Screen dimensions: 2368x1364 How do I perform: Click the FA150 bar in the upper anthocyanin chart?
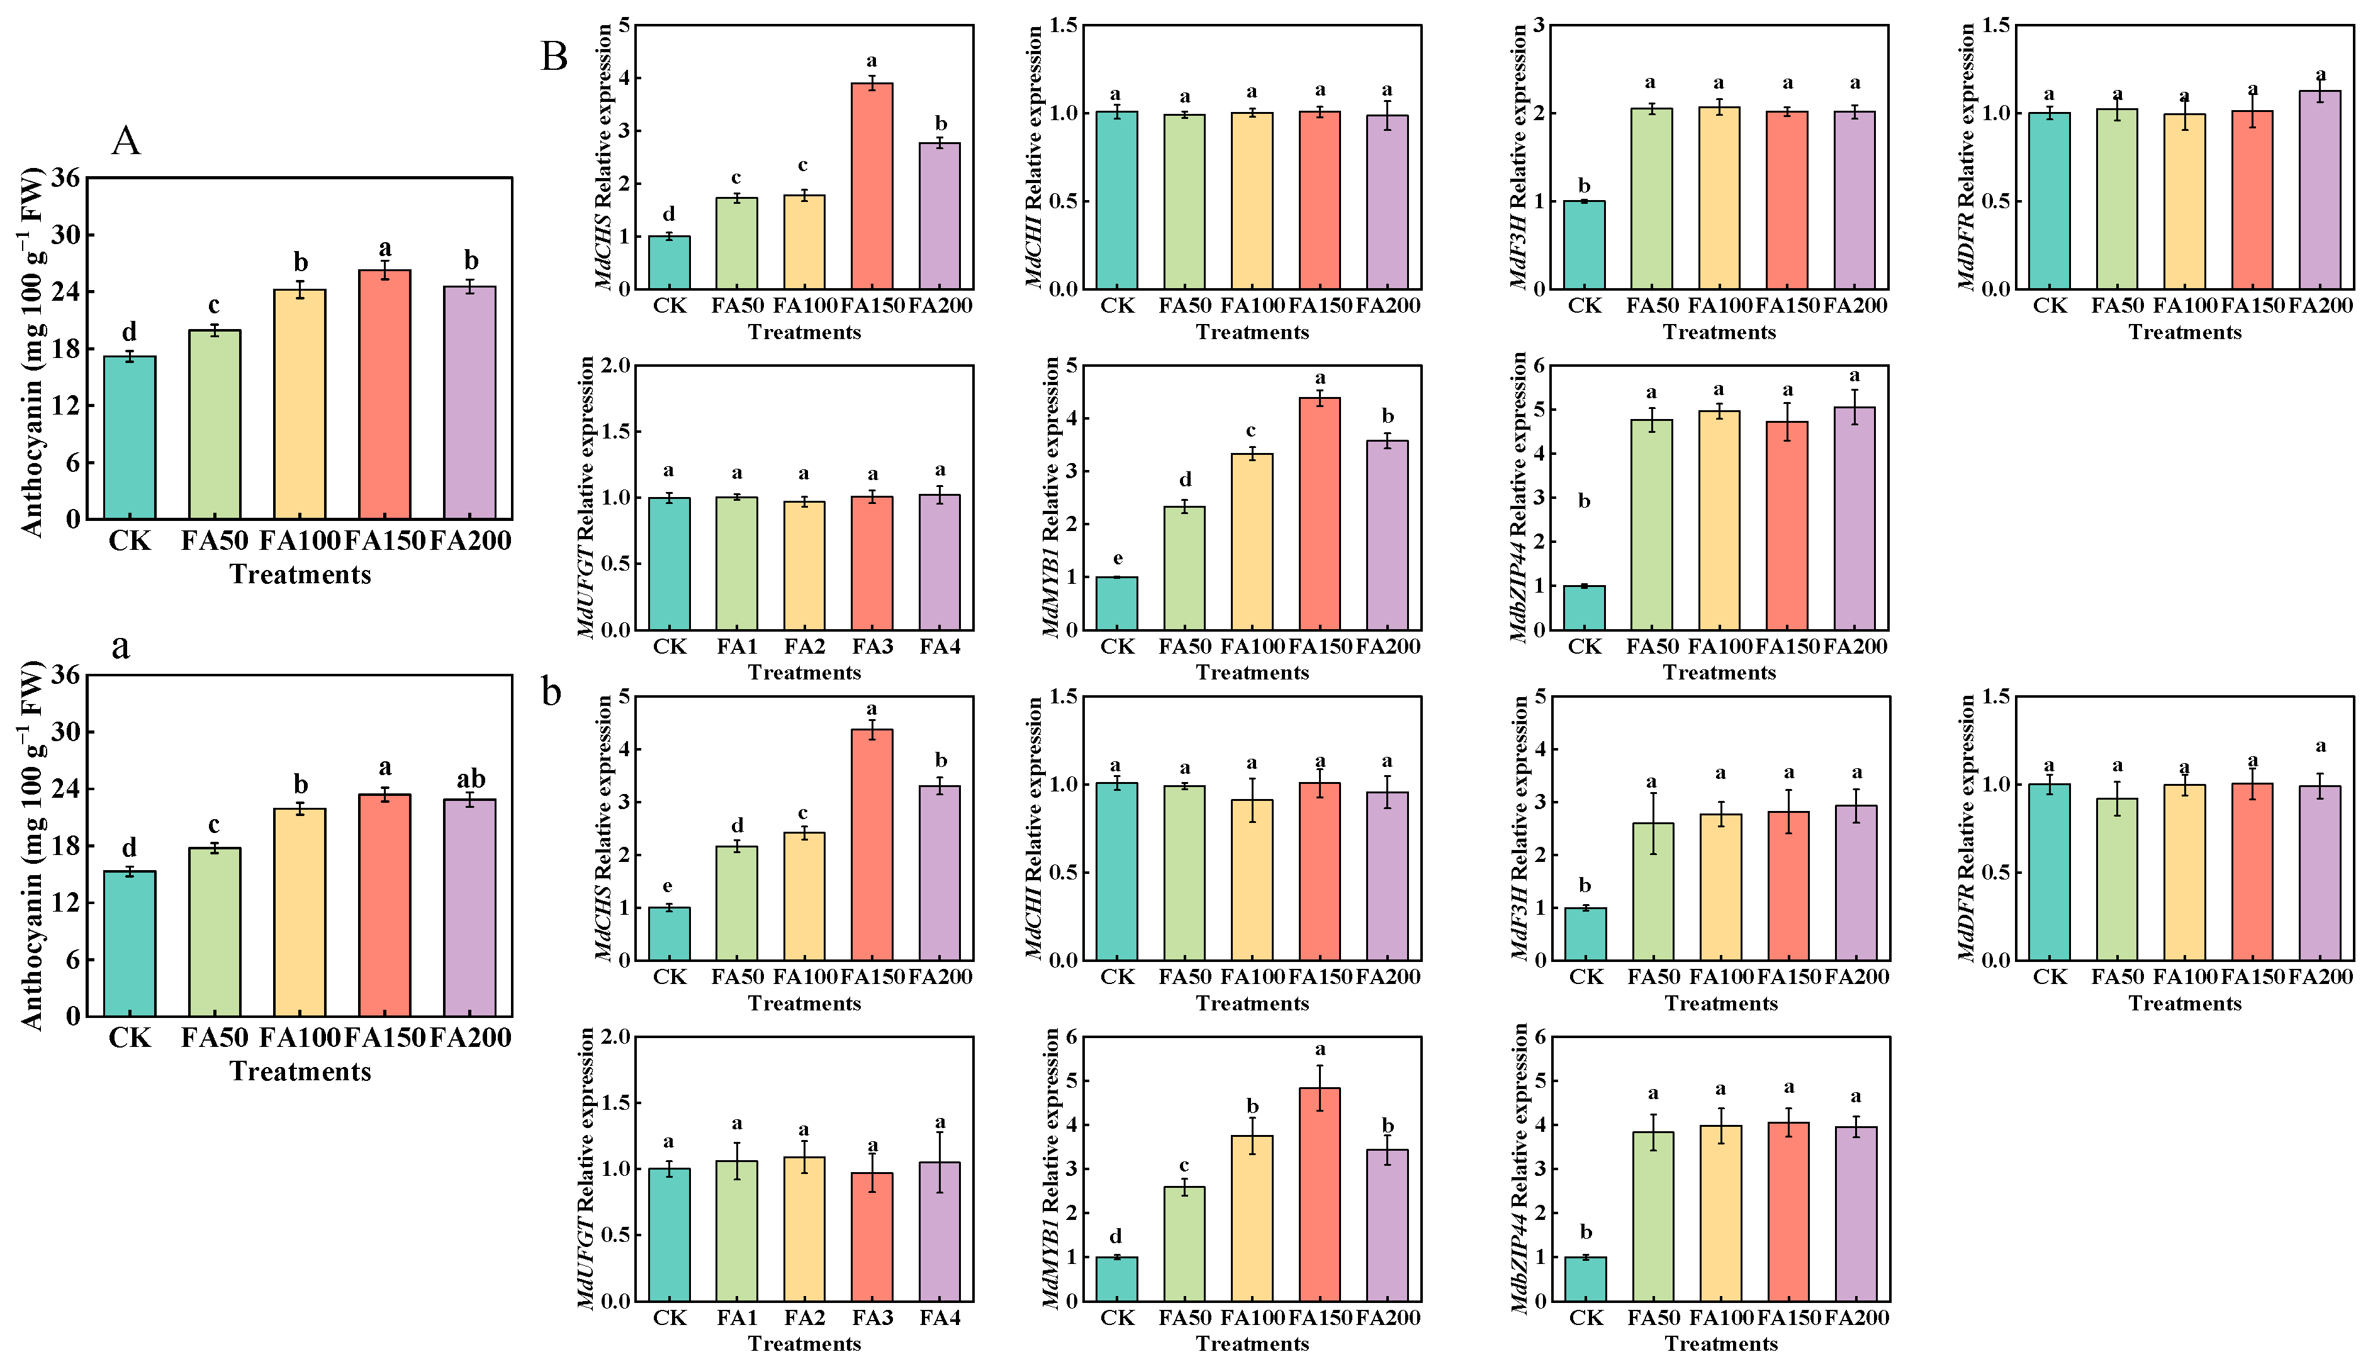(385, 394)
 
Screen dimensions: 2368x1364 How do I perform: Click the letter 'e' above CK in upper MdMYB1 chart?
(1118, 559)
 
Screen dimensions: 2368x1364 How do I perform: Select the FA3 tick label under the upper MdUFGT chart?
(872, 646)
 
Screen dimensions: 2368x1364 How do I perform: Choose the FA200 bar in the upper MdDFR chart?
(2320, 189)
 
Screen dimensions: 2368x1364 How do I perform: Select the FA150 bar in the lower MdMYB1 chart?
(1320, 1194)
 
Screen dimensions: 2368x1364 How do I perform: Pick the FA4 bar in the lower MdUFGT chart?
(940, 1232)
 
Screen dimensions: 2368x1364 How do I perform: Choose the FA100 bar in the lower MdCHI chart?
(1252, 880)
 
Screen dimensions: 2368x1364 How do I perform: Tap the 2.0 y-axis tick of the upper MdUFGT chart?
(616, 366)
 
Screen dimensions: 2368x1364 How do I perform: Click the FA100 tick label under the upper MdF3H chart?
(1720, 305)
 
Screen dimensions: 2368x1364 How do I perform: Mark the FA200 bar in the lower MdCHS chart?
(940, 873)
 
